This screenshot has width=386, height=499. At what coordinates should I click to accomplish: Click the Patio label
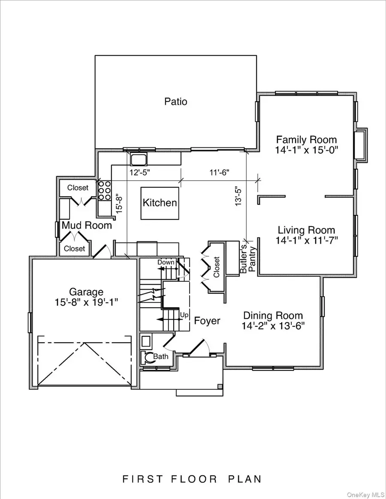(x=176, y=102)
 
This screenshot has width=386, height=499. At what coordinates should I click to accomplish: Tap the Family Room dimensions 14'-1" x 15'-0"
(x=306, y=150)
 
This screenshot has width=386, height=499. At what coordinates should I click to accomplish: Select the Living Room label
(x=306, y=230)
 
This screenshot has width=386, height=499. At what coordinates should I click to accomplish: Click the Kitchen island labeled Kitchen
(x=160, y=203)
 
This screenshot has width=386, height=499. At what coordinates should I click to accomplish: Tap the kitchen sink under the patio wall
(x=139, y=160)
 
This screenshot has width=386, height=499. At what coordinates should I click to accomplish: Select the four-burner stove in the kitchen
(x=104, y=191)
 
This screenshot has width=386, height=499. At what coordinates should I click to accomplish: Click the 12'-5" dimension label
(x=140, y=173)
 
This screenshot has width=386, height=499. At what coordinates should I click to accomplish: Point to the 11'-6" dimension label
(x=219, y=173)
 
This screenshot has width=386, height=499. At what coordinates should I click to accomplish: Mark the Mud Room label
(x=87, y=225)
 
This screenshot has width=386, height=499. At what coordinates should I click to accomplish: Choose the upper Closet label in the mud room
(x=78, y=188)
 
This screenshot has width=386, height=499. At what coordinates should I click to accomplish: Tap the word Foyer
(x=207, y=320)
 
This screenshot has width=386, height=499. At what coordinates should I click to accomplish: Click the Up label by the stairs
(x=184, y=315)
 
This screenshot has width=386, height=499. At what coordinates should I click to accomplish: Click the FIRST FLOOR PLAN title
(x=193, y=478)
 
